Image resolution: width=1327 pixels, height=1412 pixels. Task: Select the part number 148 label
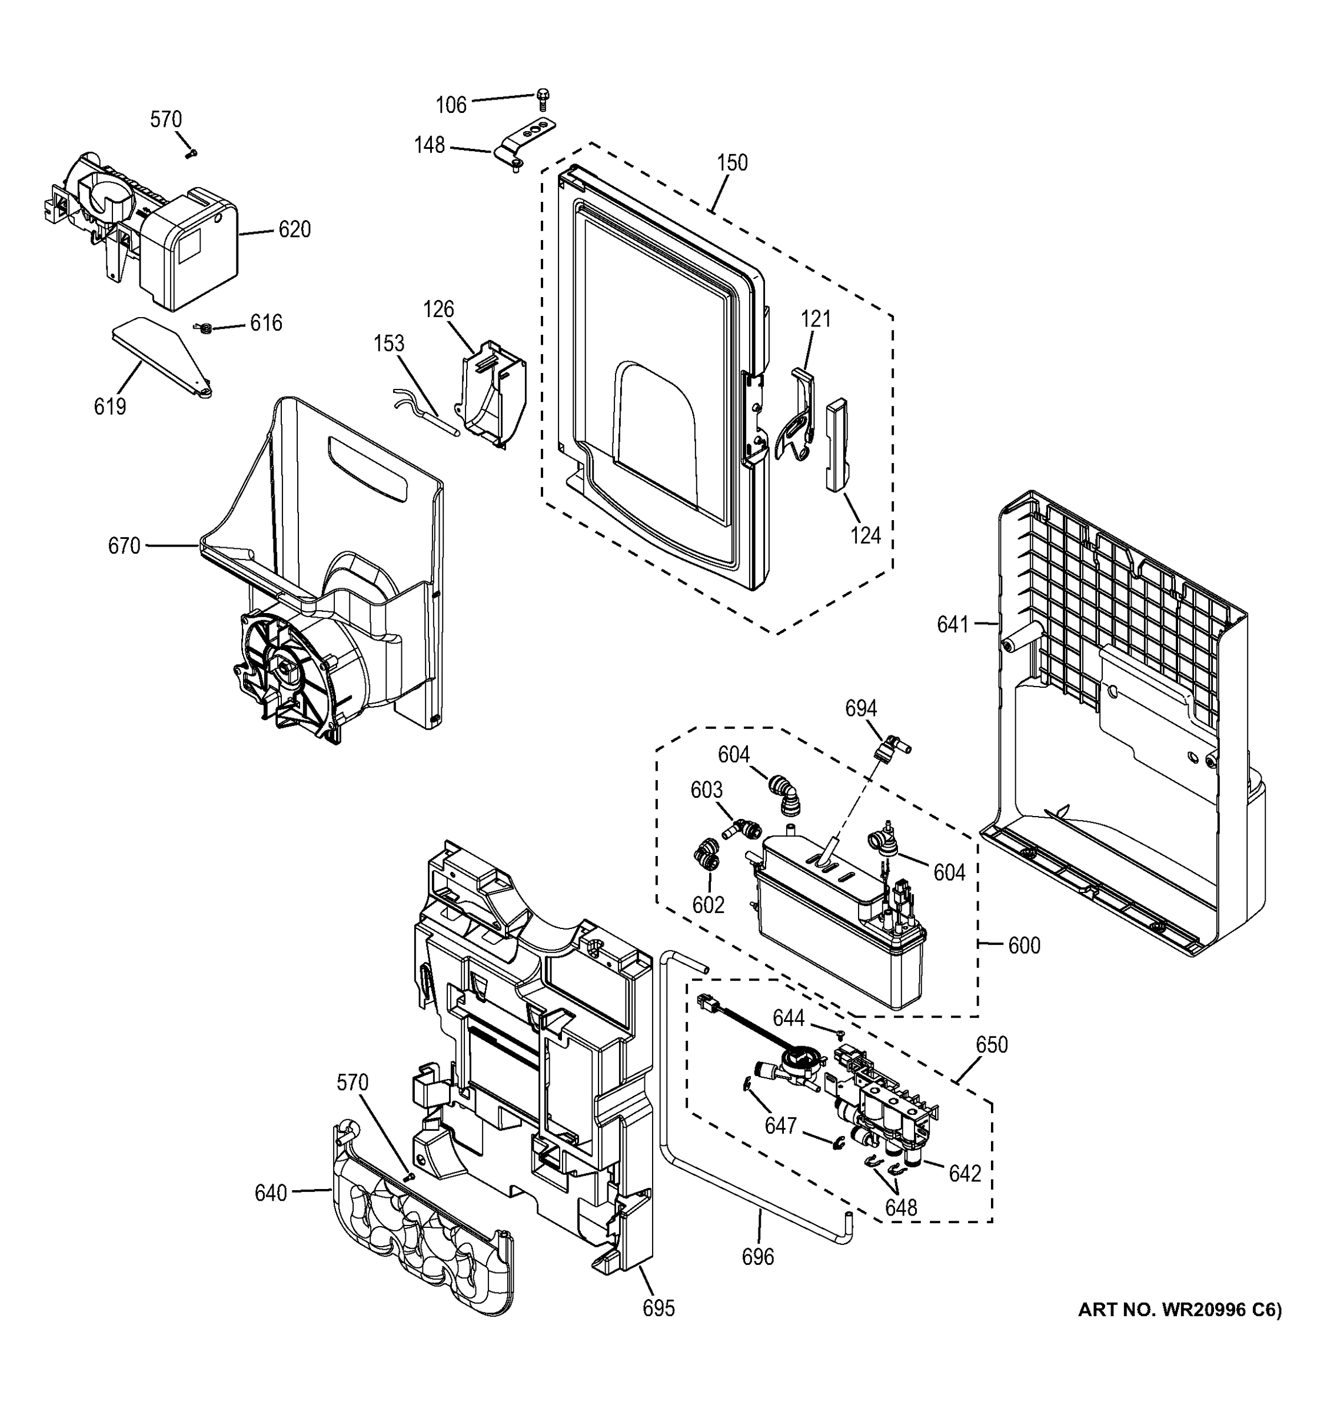tap(429, 145)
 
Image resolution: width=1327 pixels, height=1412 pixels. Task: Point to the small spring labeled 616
tap(205, 328)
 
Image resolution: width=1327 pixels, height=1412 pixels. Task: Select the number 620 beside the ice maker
tap(294, 229)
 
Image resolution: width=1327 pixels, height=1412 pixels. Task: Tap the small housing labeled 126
tap(494, 394)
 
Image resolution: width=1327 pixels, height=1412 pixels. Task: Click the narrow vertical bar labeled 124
tap(836, 444)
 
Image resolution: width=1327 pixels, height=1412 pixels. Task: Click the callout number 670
tap(124, 545)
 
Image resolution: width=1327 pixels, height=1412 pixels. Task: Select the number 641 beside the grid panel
tap(953, 624)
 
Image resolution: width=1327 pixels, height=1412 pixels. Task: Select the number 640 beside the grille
tap(271, 1193)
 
